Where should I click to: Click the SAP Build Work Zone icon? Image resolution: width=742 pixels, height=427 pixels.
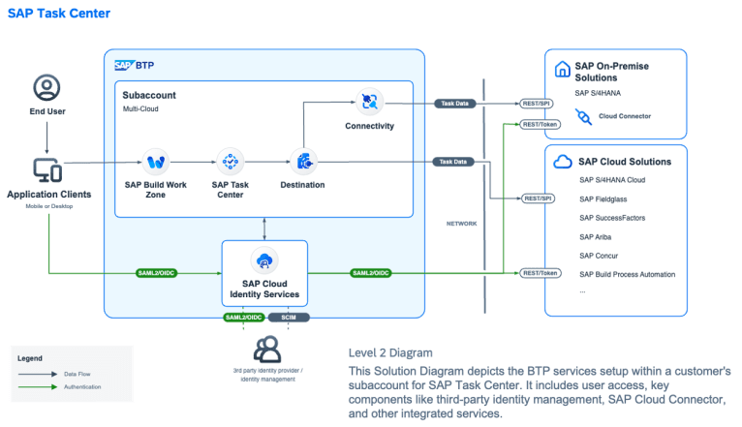click(x=157, y=161)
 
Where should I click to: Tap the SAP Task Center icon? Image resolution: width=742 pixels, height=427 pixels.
click(x=231, y=161)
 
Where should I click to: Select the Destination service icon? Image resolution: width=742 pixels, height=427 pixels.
click(x=303, y=161)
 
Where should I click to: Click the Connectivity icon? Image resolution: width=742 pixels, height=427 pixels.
click(x=369, y=101)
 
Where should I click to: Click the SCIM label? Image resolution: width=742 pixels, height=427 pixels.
click(x=288, y=317)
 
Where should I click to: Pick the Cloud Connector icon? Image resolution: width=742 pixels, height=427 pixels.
click(x=583, y=116)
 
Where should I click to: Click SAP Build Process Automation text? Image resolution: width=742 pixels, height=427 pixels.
click(x=641, y=274)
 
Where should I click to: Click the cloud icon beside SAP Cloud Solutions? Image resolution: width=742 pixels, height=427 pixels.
click(x=563, y=162)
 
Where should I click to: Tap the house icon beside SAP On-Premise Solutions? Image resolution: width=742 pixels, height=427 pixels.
click(x=562, y=70)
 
